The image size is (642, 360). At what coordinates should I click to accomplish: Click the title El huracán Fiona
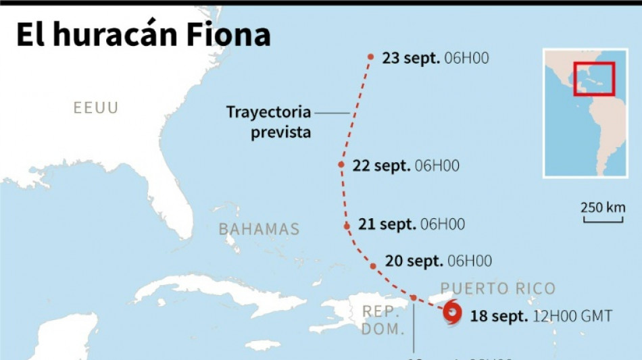tap(143, 35)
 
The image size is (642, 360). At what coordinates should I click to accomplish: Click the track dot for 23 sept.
tap(371, 57)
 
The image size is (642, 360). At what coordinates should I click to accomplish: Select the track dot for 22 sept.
tap(342, 165)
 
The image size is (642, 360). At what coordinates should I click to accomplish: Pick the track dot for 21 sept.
tap(347, 226)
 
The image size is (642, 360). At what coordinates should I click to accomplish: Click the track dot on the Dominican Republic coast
tap(414, 298)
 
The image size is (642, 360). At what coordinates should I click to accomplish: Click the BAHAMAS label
tap(259, 229)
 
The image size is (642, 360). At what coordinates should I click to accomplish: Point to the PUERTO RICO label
tap(497, 289)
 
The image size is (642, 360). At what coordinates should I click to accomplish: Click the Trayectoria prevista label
tap(268, 122)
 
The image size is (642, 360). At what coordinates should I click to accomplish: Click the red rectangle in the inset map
tap(593, 78)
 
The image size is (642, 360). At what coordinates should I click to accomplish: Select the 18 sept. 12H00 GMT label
tap(541, 315)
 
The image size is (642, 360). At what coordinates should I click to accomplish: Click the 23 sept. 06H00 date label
tap(435, 58)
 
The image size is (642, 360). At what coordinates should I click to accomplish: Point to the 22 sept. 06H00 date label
tap(406, 165)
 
